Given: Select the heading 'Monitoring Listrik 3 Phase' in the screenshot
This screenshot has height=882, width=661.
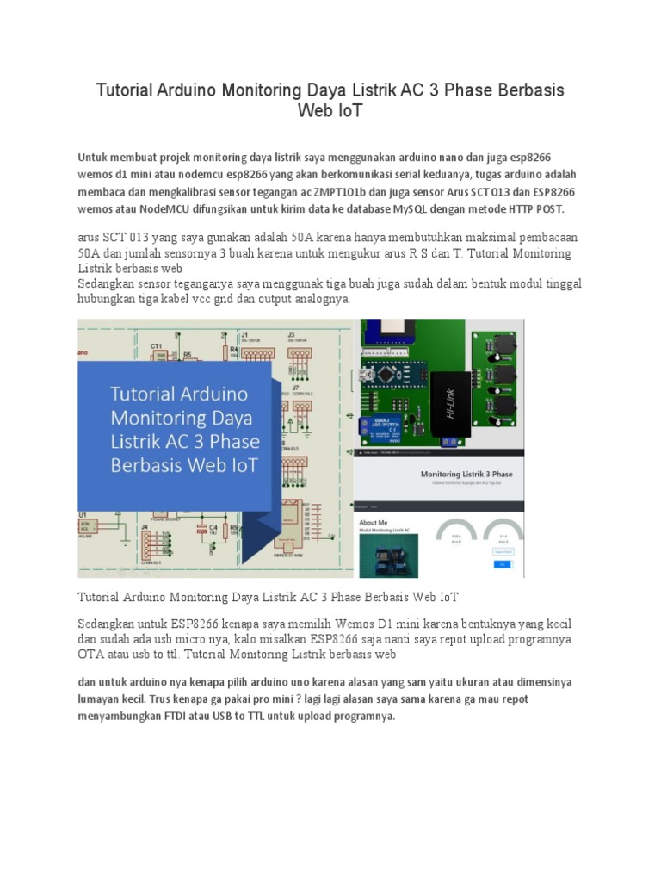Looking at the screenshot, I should point(466,474).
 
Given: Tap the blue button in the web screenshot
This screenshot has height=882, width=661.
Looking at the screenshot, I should point(503,564).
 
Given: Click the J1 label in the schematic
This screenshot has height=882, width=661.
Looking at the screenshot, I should point(245,335).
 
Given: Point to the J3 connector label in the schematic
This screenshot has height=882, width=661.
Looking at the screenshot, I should point(291,335).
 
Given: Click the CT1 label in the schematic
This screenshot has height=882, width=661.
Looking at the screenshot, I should point(157,346).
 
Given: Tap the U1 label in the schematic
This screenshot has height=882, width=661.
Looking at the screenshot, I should point(83,514).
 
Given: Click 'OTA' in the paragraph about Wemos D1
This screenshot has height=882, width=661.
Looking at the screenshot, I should point(90,655).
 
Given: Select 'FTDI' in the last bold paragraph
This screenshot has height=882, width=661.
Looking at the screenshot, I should point(205,716).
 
